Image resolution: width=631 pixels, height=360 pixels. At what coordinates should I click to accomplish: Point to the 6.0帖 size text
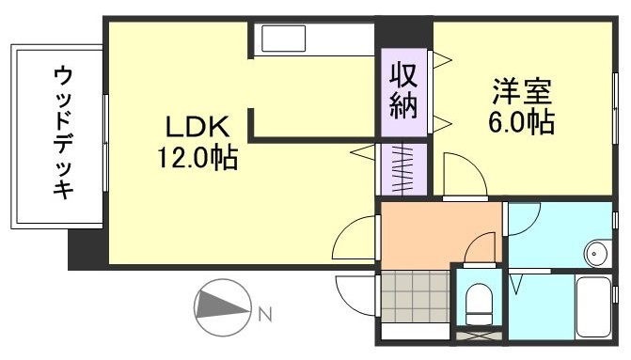click(519, 122)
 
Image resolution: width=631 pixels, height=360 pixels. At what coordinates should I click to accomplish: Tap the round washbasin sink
click(594, 251)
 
